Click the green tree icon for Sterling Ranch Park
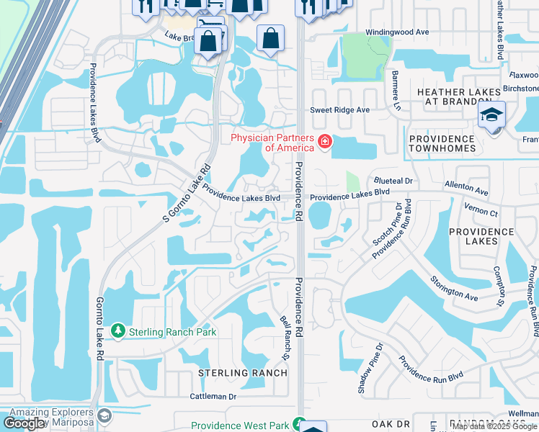118,331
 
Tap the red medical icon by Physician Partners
325,142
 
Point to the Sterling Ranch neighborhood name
243,373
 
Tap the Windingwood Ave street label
397,32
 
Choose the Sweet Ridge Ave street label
339,110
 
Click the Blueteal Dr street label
393,181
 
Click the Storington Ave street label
454,287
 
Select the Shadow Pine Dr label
368,368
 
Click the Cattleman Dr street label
213,397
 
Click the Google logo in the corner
24,423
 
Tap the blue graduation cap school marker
492,115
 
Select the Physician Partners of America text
272,143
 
